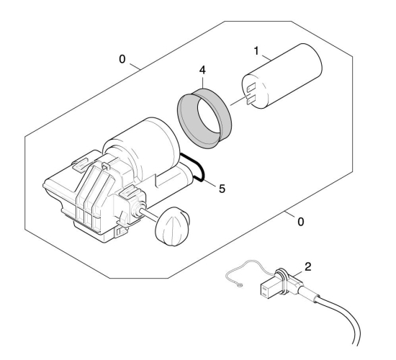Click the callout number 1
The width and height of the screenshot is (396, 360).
(256, 51)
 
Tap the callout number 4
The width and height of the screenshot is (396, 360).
(202, 70)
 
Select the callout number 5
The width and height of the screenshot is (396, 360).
(222, 189)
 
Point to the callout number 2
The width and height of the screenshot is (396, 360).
(308, 267)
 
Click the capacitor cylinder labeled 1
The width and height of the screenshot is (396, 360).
(282, 76)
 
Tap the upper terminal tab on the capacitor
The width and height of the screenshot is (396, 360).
(251, 88)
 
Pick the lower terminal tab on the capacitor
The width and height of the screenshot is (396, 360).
(251, 100)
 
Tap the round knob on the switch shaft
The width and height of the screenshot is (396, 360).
(172, 227)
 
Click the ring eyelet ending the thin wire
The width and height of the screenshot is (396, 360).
(240, 285)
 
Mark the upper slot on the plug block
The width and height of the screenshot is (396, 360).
(264, 288)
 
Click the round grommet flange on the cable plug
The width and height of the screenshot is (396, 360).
(282, 281)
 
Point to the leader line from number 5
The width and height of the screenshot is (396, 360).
(210, 184)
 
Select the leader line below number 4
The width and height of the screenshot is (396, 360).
(203, 82)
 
